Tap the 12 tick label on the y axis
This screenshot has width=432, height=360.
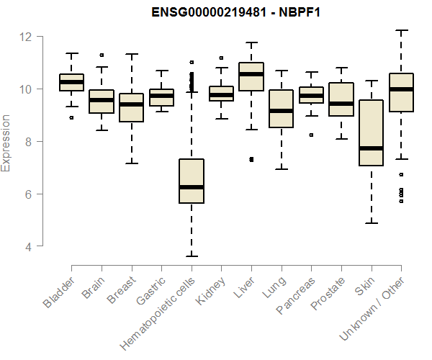[x=27, y=37]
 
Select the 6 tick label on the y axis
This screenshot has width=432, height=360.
[x=27, y=194]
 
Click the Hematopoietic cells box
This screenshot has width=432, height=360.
[x=191, y=181]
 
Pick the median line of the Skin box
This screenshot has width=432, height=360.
[x=371, y=148]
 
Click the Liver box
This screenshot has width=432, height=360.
[x=251, y=76]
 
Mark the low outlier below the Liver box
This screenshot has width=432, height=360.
[x=251, y=159]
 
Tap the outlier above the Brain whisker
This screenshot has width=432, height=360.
[x=102, y=55]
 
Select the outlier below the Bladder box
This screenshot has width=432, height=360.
[x=71, y=117]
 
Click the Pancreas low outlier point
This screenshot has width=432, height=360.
[x=311, y=135]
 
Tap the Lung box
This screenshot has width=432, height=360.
[x=281, y=109]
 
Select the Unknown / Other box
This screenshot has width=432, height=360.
[x=401, y=92]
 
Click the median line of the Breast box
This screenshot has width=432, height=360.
[x=131, y=104]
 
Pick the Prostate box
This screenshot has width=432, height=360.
[x=341, y=99]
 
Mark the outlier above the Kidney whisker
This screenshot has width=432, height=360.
[x=221, y=58]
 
